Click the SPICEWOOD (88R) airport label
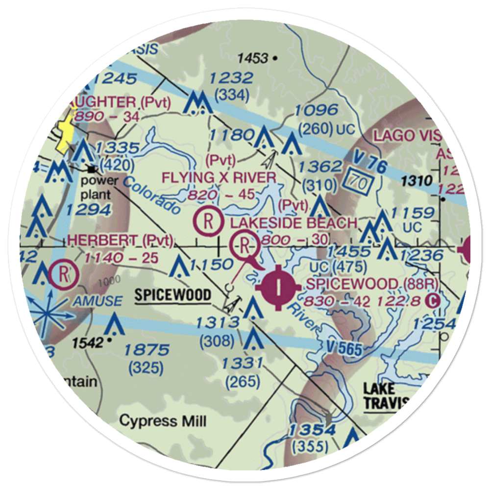(x=371, y=284)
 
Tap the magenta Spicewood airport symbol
(x=278, y=288)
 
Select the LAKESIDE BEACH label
(x=294, y=223)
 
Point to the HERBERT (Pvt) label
(x=121, y=240)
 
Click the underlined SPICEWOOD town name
(x=173, y=295)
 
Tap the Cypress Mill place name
(x=163, y=420)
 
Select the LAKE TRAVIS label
(x=386, y=396)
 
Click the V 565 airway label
(x=344, y=348)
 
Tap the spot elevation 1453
(x=253, y=59)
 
